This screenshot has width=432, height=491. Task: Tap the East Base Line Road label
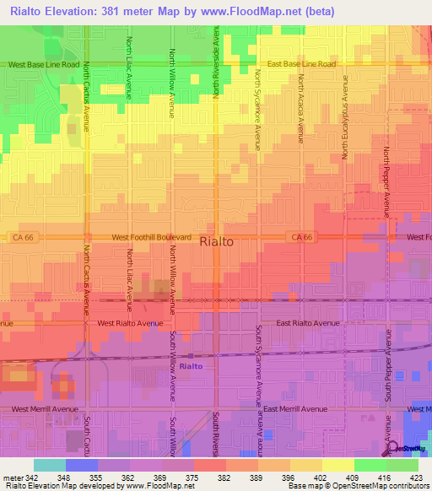301,64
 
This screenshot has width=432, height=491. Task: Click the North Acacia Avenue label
300,108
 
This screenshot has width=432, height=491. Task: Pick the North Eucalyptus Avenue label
344,117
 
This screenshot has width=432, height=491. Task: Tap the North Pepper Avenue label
386,181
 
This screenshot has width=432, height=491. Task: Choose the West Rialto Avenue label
129,323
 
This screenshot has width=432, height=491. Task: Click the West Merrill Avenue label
45,409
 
